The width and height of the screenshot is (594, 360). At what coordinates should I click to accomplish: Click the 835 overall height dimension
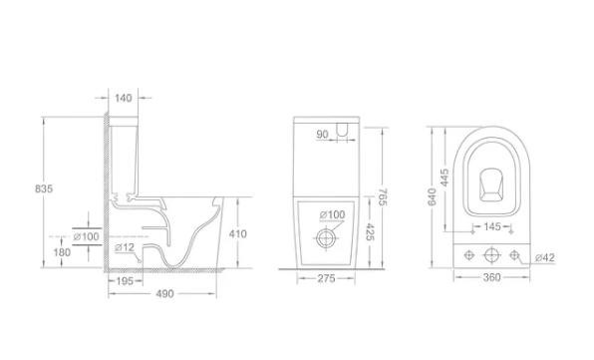coord(44,188)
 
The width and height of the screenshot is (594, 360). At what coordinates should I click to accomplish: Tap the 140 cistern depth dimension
coord(124,98)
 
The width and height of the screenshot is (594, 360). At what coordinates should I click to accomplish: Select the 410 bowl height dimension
coord(237,233)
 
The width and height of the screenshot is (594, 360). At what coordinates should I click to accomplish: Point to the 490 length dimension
coord(164,293)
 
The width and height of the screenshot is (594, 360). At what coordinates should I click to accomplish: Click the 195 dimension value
coord(125,281)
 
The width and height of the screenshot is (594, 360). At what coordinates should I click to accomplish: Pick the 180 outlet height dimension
coord(62,252)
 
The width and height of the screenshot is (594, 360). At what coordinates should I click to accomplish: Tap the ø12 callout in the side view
coord(125,247)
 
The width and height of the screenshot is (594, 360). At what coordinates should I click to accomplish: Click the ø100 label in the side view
coord(87,237)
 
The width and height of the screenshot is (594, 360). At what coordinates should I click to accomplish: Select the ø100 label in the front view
coord(332,214)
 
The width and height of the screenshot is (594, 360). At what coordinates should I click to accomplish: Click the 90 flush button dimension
coord(322,135)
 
